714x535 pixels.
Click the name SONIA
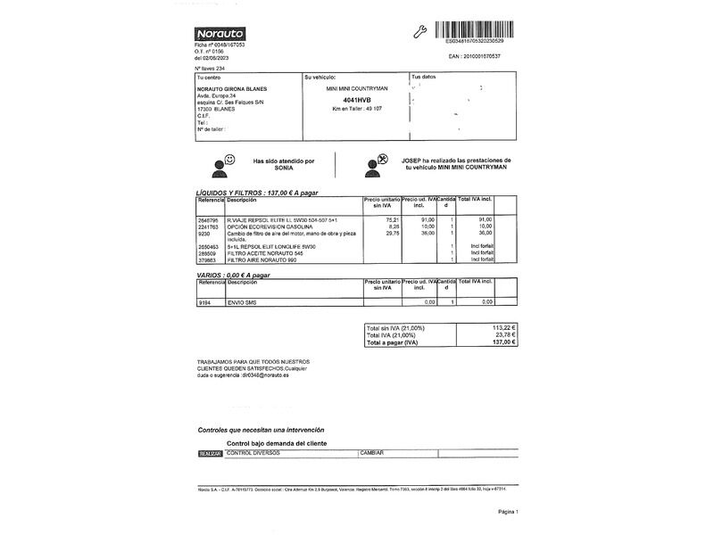pyautogui.click(x=284, y=168)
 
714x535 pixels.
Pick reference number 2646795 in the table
pyautogui.click(x=210, y=218)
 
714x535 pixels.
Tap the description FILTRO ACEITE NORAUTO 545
pyautogui.click(x=268, y=253)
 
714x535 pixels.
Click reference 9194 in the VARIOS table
pyautogui.click(x=204, y=302)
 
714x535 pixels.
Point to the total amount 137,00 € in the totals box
pyautogui.click(x=505, y=342)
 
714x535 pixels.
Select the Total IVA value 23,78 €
pyautogui.click(x=507, y=334)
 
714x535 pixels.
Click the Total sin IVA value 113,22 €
pyautogui.click(x=505, y=327)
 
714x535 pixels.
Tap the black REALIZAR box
pyautogui.click(x=210, y=453)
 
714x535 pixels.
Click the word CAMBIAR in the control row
pyautogui.click(x=371, y=453)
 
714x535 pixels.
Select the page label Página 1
pyautogui.click(x=507, y=512)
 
